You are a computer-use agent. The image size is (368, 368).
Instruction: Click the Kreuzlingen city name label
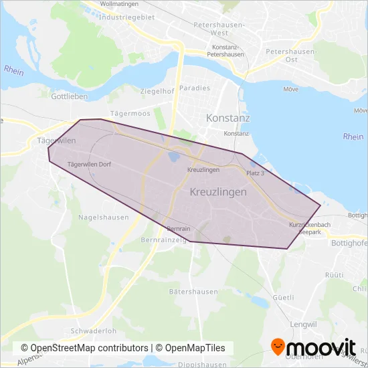(x=219, y=191)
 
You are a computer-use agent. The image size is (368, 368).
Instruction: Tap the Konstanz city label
(x=228, y=118)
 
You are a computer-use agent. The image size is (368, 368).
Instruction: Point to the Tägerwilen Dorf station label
(x=90, y=164)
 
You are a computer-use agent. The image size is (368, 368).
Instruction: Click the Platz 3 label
(x=256, y=173)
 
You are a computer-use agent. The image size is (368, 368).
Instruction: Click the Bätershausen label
(x=193, y=292)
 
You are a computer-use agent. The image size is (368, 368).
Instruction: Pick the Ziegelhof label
(x=157, y=91)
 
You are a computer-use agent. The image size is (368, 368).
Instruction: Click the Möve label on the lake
(x=290, y=88)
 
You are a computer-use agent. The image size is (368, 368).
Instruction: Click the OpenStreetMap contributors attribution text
(x=84, y=348)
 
